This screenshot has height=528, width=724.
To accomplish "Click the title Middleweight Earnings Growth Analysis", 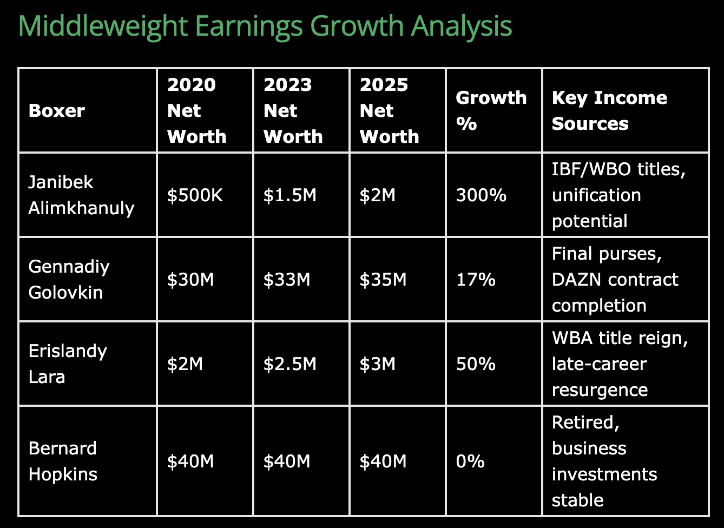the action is tap(265, 27).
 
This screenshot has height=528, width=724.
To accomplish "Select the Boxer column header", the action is tap(57, 111).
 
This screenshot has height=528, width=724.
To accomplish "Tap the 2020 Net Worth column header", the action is tap(197, 110).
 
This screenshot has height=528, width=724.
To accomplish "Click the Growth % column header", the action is tap(491, 110).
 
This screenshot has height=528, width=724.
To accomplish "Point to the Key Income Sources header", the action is tap(609, 110).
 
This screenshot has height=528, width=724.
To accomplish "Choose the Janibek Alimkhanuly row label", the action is tap(81, 195).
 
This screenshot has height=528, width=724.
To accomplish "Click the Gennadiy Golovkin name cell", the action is tap(69, 280).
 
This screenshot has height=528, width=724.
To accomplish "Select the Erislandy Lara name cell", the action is tap(68, 364).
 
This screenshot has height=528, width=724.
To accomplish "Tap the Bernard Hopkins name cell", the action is tap(63, 461).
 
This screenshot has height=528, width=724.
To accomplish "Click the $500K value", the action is tap(195, 195).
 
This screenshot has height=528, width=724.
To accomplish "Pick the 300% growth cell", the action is tap(481, 195).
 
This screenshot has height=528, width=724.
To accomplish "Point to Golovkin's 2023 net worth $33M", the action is tap(287, 280).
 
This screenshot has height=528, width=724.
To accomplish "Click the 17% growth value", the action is tap(476, 280).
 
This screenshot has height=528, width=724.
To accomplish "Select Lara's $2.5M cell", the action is tap(289, 364).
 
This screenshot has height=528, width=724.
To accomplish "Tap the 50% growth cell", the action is tap(476, 364).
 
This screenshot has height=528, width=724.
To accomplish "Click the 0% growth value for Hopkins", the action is tap(470, 461).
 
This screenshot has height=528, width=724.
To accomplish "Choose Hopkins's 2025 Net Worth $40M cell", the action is tap(383, 461).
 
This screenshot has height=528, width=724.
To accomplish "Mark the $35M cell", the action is tap(383, 280).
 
